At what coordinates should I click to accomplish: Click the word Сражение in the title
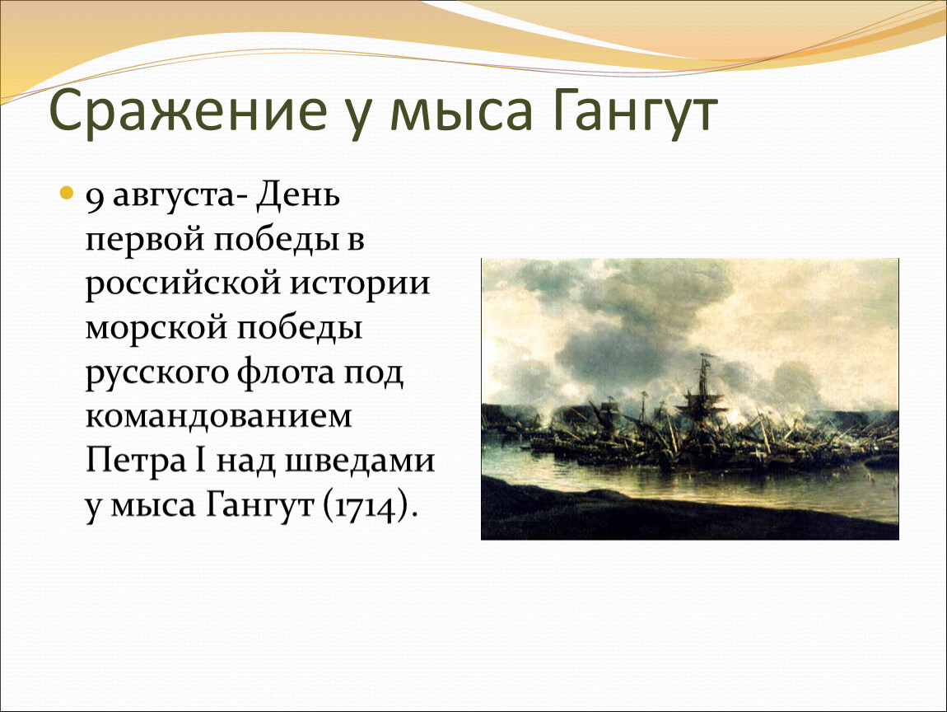click(187, 110)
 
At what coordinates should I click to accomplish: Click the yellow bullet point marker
click(67, 194)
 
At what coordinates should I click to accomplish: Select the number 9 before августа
click(94, 199)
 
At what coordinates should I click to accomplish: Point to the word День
click(298, 196)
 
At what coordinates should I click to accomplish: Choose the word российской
click(184, 284)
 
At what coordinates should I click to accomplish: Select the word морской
click(156, 327)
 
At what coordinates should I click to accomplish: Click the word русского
click(157, 372)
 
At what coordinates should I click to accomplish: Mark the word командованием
click(218, 415)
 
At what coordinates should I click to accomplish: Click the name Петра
click(137, 461)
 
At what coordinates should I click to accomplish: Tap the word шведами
click(360, 461)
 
